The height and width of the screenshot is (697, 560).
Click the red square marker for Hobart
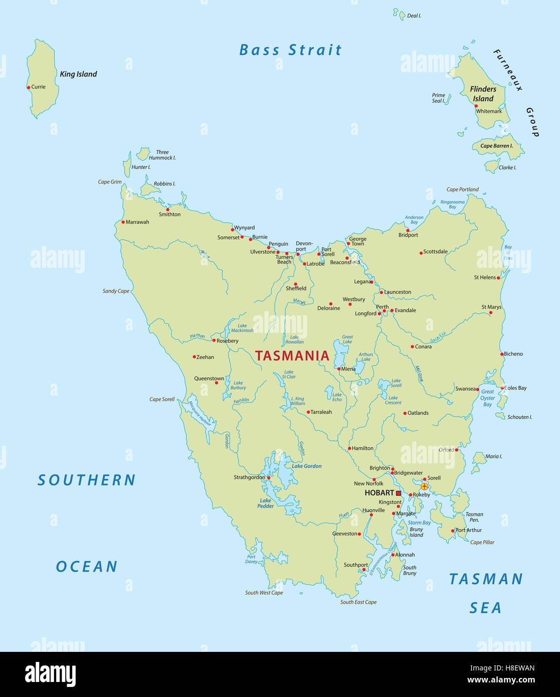point(399,493)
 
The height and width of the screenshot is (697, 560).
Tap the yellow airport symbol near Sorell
point(424,486)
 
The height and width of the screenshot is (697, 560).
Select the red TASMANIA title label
point(292,356)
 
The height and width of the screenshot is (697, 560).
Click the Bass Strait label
point(291,50)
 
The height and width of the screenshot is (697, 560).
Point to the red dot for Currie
point(29,87)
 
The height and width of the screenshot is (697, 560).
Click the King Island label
point(78,74)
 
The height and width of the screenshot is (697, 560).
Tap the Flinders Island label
point(483,94)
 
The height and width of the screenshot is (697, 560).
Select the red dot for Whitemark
point(476,106)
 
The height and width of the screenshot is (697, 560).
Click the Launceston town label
point(397,292)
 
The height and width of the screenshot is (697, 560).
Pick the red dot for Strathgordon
point(268,478)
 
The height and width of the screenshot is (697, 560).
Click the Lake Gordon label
point(307,466)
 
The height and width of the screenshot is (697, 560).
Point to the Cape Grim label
point(110,182)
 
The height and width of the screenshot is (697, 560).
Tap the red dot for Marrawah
point(123,222)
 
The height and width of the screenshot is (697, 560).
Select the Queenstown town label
point(209,379)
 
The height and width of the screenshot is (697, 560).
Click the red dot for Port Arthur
point(452,531)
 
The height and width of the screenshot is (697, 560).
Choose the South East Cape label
point(358,602)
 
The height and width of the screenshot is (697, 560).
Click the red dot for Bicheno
point(502,354)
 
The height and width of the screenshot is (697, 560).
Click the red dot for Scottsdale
point(421,253)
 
